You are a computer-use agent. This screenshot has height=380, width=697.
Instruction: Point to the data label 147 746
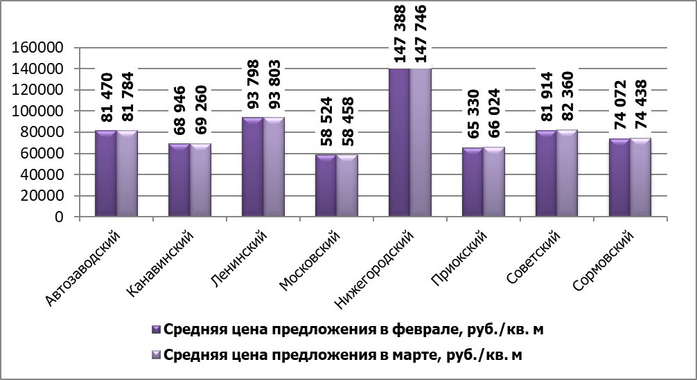420,34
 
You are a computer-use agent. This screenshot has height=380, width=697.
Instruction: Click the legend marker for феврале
156,331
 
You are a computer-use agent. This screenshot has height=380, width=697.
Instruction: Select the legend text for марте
342,355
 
